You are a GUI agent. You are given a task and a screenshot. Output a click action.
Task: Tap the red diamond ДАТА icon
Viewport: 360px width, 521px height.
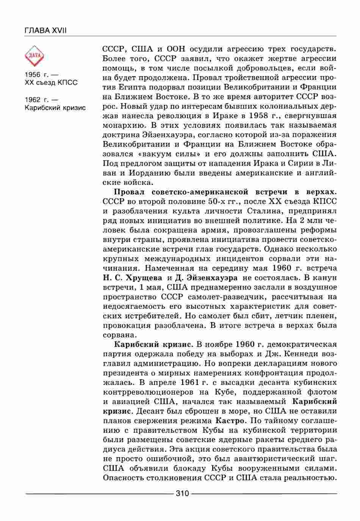point(34,56)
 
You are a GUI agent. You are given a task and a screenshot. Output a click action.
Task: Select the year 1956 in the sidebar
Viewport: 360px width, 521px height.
point(33,74)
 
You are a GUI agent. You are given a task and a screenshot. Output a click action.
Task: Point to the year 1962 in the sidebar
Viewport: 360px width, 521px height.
point(33,100)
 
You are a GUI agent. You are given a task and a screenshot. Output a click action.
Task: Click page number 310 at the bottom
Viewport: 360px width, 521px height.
point(182,493)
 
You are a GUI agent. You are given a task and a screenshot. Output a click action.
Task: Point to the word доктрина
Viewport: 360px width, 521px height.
point(120,135)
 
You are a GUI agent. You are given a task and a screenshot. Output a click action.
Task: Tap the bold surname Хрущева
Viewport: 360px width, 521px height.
point(145,278)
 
